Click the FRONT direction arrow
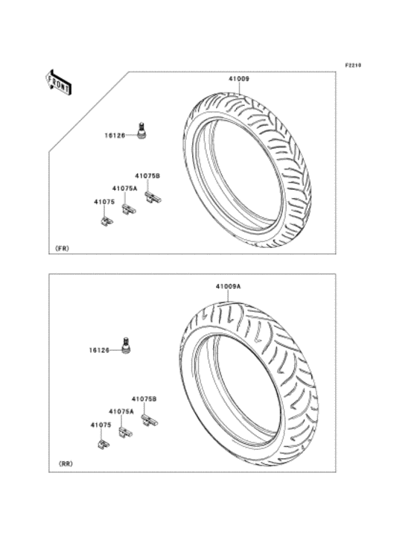point(58,83)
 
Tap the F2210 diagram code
point(353,65)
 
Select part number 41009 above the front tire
point(239,79)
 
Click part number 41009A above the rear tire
point(229,287)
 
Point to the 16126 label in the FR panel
point(115,136)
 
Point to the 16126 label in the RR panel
point(99,350)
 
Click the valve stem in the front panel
point(141,130)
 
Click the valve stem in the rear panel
point(126,346)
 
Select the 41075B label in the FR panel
point(147,177)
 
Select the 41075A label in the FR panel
point(124,188)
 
